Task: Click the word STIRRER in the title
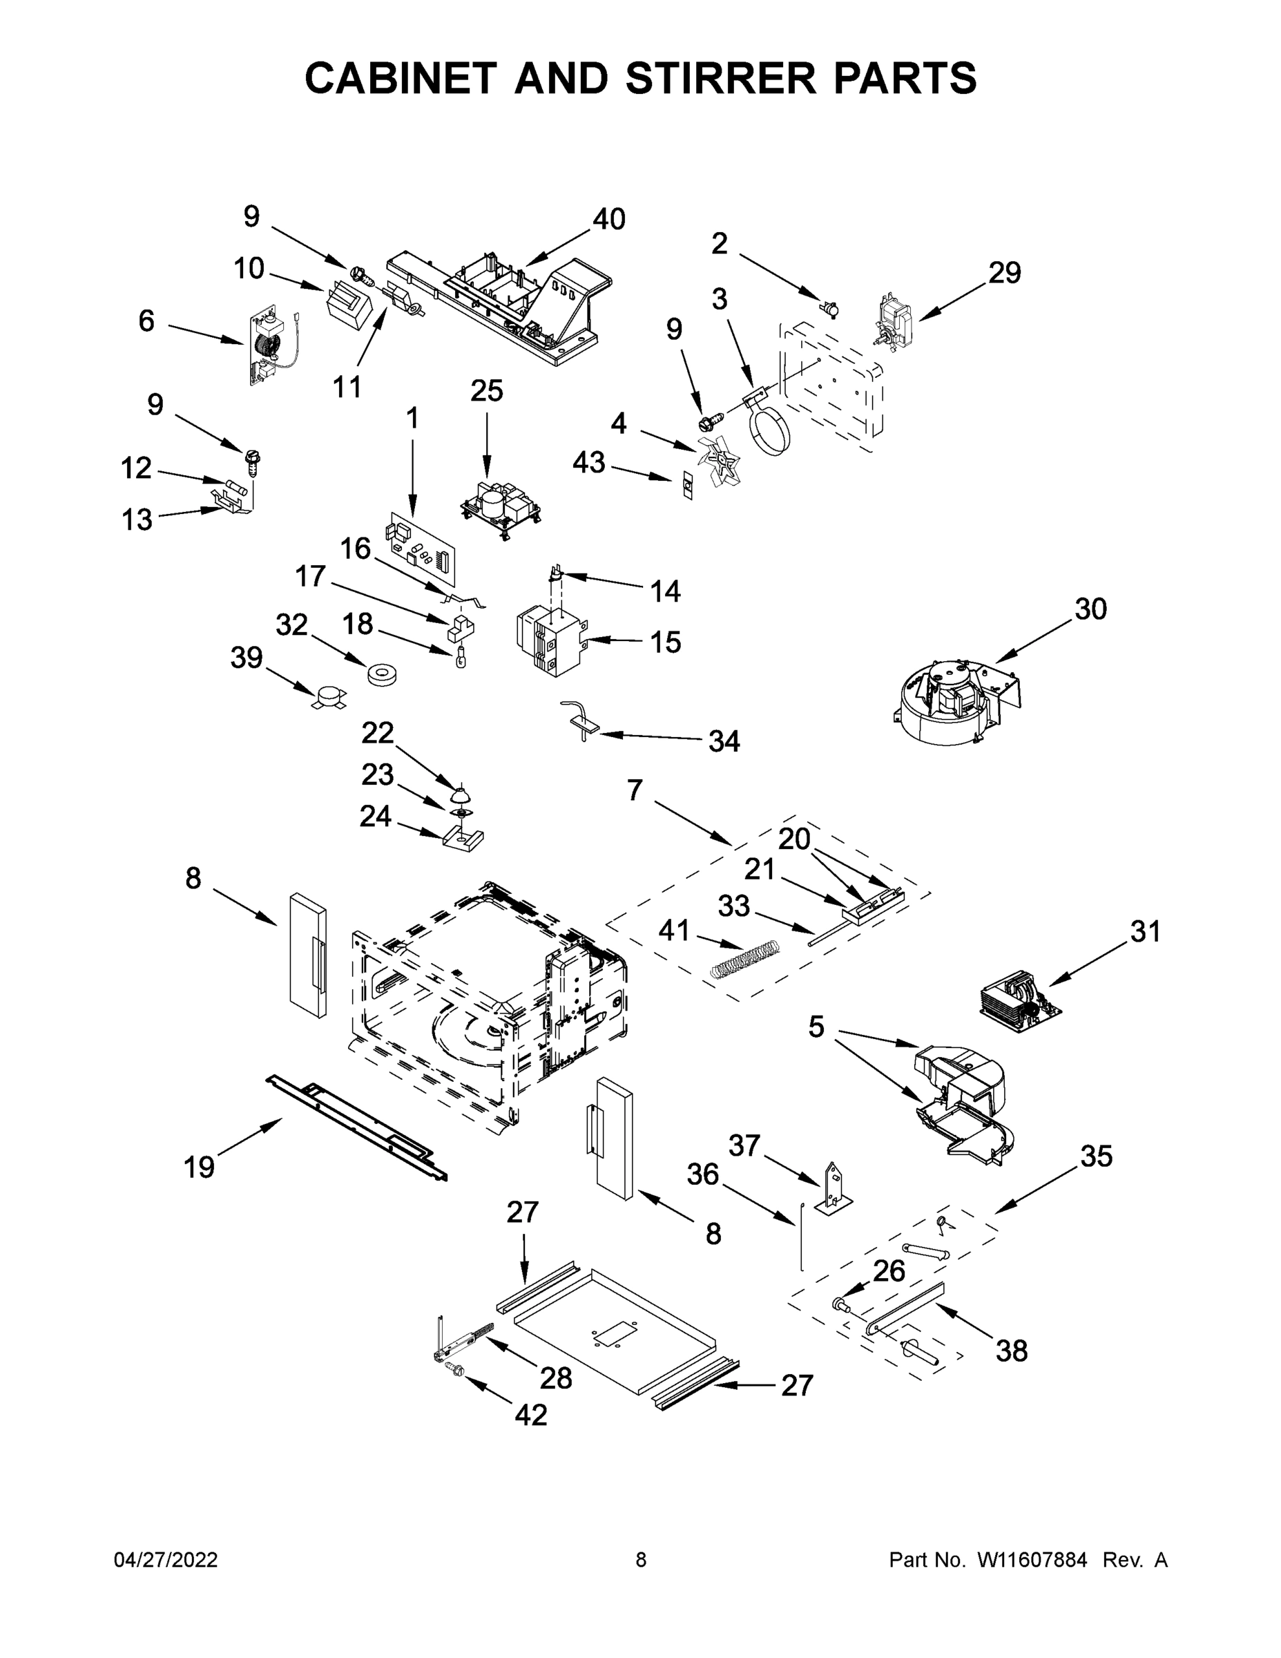coord(723,78)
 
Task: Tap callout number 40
coord(608,220)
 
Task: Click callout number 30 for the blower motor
coord(1090,609)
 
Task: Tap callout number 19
coord(199,1166)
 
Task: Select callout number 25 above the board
coord(486,391)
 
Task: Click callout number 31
coord(1145,931)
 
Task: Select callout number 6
coord(146,321)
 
